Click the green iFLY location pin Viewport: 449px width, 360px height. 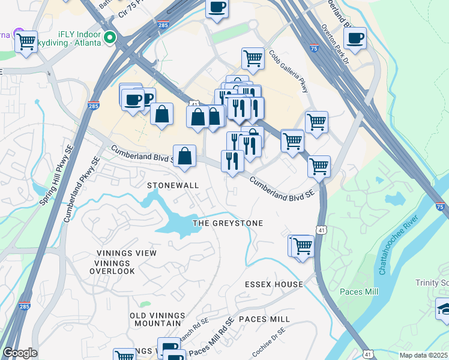coord(109,38)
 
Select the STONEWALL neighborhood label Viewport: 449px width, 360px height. coord(173,185)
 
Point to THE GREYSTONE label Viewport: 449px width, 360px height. coord(228,223)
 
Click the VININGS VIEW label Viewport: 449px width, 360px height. coord(125,253)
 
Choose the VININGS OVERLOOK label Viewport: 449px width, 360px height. coord(112,267)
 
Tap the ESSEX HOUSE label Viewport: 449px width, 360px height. coord(274,284)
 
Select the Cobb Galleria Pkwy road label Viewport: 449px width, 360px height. coord(289,77)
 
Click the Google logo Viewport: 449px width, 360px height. coord(20,353)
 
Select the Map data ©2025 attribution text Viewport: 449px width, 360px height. coord(423,355)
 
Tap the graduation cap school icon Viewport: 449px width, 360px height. coord(444,310)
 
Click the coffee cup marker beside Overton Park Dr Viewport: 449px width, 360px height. coord(356,38)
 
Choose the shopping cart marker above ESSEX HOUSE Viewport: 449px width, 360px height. coord(303,245)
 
